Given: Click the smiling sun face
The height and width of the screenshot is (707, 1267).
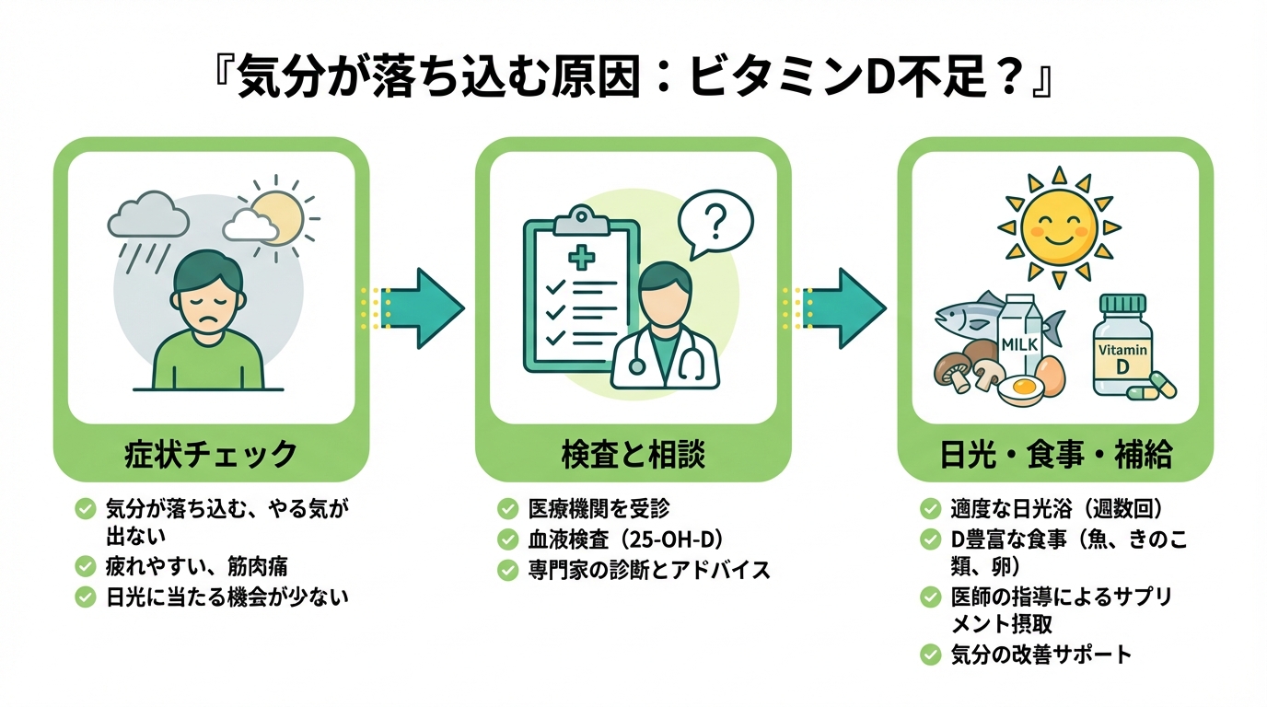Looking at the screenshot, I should pos(1059,225).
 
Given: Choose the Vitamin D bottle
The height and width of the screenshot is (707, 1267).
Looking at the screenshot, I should pos(1122,348).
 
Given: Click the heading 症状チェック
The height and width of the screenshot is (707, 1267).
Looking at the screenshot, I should pos(211,454).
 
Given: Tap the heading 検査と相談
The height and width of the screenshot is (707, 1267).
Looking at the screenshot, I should pos(633,454).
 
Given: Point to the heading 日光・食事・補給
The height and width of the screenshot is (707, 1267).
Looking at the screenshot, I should pos(1055,454).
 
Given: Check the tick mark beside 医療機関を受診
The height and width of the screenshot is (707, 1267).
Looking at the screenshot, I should pos(507,509).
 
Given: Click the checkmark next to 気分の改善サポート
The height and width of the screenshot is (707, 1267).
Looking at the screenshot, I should pos(930,655).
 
